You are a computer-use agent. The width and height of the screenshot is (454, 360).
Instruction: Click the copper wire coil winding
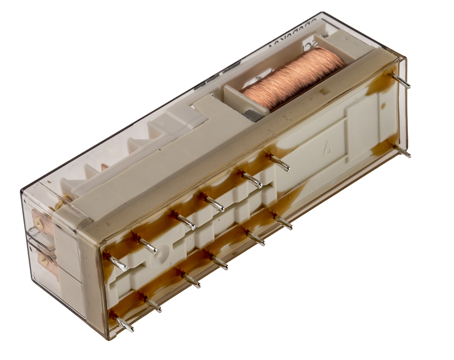click(x=293, y=78)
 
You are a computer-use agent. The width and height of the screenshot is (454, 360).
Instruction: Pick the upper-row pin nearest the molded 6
click(x=280, y=162)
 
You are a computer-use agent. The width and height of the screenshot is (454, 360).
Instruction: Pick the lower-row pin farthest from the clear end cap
click(x=283, y=221)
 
